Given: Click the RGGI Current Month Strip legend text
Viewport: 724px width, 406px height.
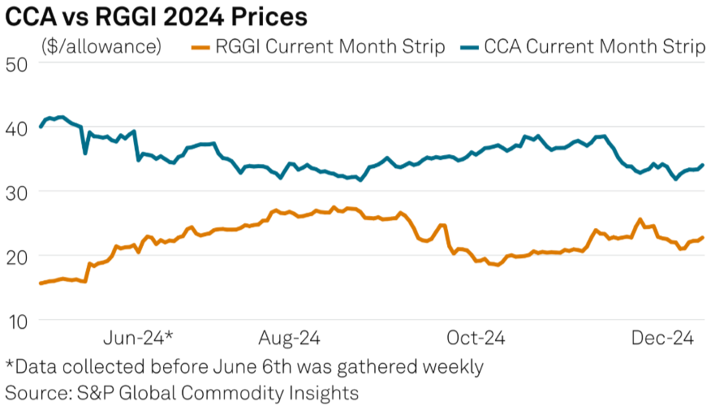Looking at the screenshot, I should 329,46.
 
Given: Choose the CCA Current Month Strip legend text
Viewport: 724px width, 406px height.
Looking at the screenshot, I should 594,46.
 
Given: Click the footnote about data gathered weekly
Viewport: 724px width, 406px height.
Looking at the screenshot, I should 244,366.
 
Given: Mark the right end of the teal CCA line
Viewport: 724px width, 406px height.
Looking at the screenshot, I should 703,165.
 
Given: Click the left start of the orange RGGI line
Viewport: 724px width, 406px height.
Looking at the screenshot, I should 40,283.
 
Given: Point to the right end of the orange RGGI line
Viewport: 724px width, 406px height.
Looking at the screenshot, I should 703,237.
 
